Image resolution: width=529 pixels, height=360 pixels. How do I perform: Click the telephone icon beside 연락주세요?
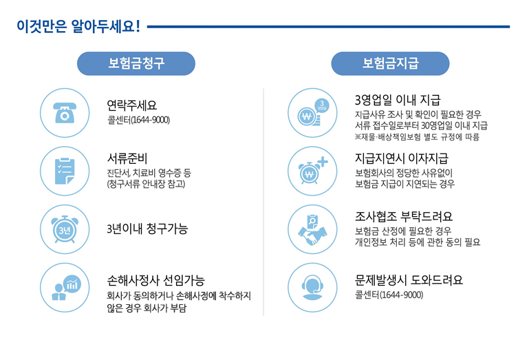[63, 113]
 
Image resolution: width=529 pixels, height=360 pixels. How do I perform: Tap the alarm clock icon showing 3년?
[63, 228]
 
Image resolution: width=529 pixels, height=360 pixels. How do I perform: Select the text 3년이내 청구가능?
[147, 229]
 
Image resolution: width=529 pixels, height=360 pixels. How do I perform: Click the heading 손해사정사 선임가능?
[155, 280]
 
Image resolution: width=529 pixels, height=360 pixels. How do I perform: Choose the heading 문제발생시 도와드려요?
[409, 280]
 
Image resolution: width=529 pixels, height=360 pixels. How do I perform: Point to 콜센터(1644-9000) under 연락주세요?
[138, 120]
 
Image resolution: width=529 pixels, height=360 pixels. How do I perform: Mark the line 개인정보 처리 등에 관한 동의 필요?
[417, 242]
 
